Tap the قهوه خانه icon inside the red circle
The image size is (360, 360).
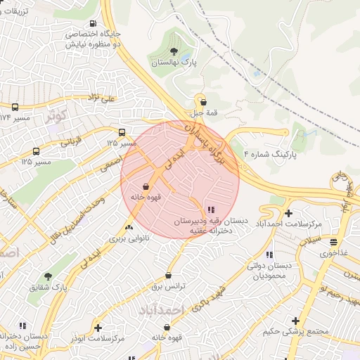click(146, 187)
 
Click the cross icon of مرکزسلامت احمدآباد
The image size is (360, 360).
click(288, 212)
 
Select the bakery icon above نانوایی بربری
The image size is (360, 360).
click(128, 227)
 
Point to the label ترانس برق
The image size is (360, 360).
click(168, 287)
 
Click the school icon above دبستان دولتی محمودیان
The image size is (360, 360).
click(269, 255)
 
